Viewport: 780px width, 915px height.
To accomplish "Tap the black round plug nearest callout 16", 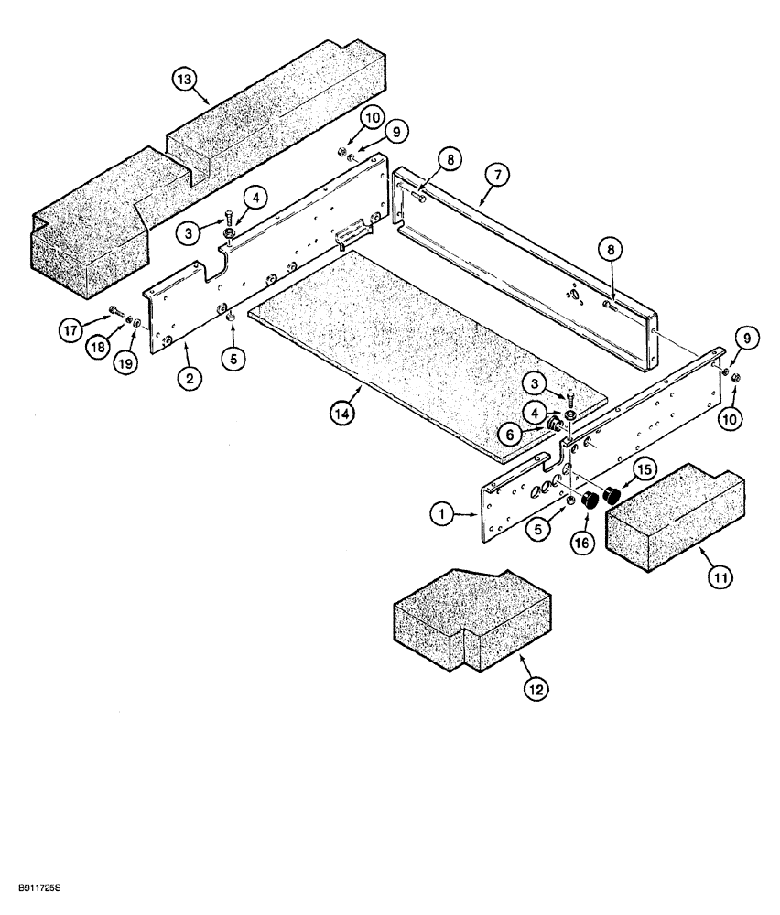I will pos(591,501).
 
